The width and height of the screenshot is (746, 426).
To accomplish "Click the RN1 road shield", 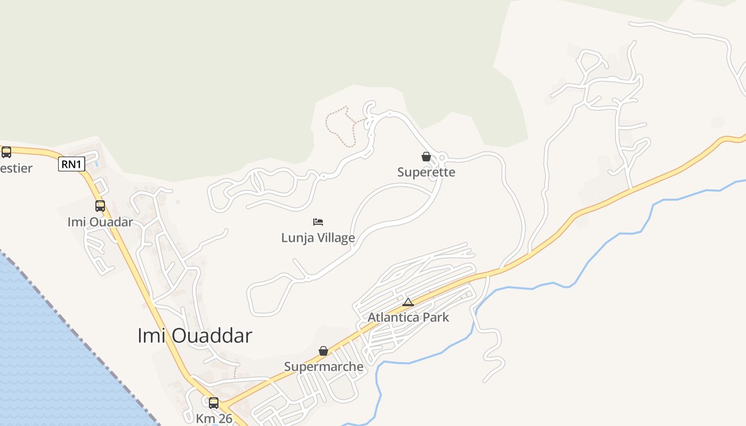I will point(71,165).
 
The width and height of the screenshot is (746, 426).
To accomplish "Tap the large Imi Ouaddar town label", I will point(194,336).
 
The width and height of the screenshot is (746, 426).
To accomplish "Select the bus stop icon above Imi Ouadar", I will point(100,206).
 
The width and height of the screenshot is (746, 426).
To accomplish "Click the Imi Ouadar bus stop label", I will point(100,222).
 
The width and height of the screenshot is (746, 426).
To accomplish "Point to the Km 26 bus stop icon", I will point(214,403).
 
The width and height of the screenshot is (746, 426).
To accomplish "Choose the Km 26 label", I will point(214,419).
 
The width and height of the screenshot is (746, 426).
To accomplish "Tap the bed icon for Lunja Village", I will point(318,222).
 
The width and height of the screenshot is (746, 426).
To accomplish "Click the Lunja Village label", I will point(318,237).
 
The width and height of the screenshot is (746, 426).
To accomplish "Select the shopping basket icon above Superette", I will point(426,157).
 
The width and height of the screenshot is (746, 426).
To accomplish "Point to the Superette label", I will point(426,173).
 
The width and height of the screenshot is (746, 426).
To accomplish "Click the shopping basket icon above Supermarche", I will point(323,350).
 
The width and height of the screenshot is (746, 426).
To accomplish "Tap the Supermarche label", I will point(323,367).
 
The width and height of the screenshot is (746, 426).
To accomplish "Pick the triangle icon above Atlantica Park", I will point(408,302).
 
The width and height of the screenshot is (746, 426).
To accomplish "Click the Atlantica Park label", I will point(408,317).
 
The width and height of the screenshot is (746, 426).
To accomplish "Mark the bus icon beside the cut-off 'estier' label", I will point(6,152).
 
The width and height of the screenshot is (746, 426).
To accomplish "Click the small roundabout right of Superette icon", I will point(442,157).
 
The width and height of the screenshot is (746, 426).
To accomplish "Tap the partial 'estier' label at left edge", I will point(16,169).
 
